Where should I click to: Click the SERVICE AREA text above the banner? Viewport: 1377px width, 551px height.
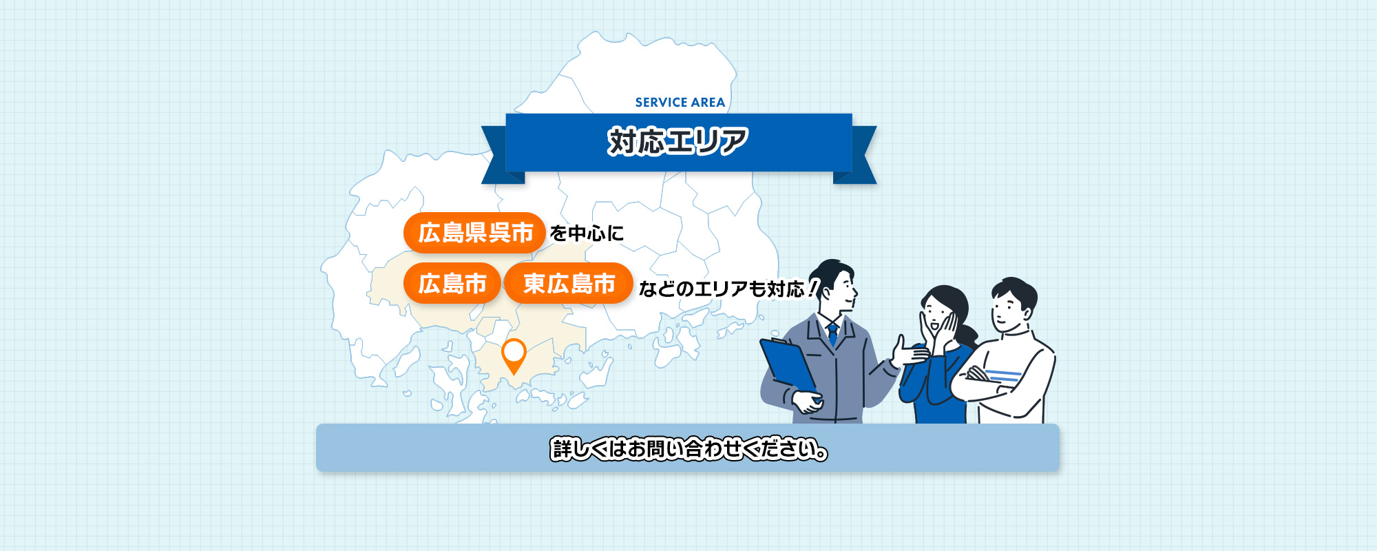(680, 103)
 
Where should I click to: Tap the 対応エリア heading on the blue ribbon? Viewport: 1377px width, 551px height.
(678, 141)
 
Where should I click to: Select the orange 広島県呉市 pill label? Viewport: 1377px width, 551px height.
(474, 233)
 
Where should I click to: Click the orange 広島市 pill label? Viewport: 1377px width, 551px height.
(452, 283)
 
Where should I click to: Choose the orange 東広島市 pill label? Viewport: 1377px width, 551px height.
(569, 283)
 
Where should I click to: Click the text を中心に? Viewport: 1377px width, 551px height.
(587, 233)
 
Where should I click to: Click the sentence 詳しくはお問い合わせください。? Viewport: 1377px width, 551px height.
(688, 449)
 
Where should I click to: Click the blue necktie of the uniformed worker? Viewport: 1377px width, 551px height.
(833, 334)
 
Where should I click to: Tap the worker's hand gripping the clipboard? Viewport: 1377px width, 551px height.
(807, 402)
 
